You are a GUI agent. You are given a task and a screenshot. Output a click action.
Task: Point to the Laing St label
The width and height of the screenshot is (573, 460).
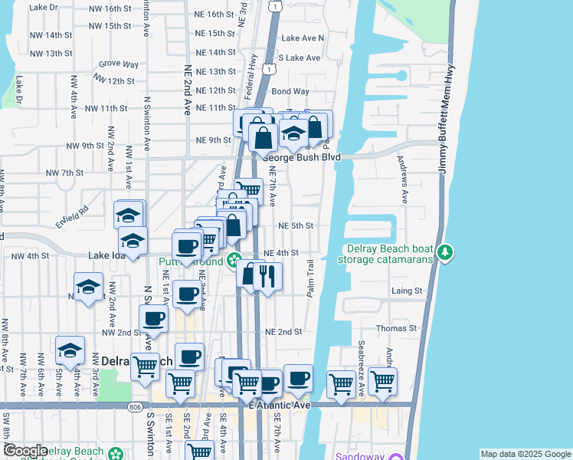pyautogui.click(x=407, y=291)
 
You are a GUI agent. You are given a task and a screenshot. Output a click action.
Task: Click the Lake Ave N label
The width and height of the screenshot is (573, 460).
pyautogui.click(x=303, y=38)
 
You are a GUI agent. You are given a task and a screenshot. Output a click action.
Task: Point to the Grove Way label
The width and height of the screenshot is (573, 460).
pyautogui.click(x=118, y=64)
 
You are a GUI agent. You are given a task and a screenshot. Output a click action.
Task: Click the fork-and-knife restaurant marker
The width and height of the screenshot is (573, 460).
pyautogui.click(x=267, y=275)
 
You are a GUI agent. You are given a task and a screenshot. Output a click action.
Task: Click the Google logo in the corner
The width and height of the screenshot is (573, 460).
pyautogui.click(x=25, y=451)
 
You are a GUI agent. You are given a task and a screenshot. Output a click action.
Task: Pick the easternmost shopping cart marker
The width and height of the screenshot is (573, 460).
pyautogui.click(x=382, y=379)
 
